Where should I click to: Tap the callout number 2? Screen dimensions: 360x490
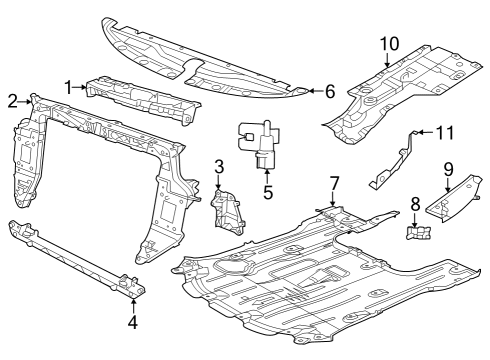coord(13,100)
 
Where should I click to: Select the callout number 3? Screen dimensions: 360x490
coord(219,168)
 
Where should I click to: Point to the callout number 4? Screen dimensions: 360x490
coord(132,322)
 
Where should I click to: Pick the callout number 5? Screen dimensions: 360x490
coord(268,190)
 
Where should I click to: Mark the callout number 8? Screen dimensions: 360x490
coord(415,204)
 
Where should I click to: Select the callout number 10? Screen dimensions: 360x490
coord(388,43)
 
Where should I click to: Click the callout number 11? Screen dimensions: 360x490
coord(443,131)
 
